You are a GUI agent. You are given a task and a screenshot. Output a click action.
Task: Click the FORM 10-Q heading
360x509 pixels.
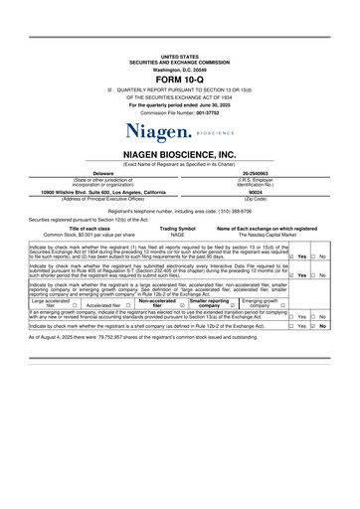(179, 79)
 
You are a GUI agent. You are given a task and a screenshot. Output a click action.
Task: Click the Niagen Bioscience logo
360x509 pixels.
(179, 129)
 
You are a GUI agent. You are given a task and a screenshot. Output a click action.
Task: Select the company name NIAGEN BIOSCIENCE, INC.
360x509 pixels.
(179, 155)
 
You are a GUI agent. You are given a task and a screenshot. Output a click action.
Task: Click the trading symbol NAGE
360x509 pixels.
(177, 234)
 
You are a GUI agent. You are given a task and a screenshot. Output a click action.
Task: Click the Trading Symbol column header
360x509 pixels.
(177, 228)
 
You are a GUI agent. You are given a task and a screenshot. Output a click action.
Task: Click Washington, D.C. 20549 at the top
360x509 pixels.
(179, 69)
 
